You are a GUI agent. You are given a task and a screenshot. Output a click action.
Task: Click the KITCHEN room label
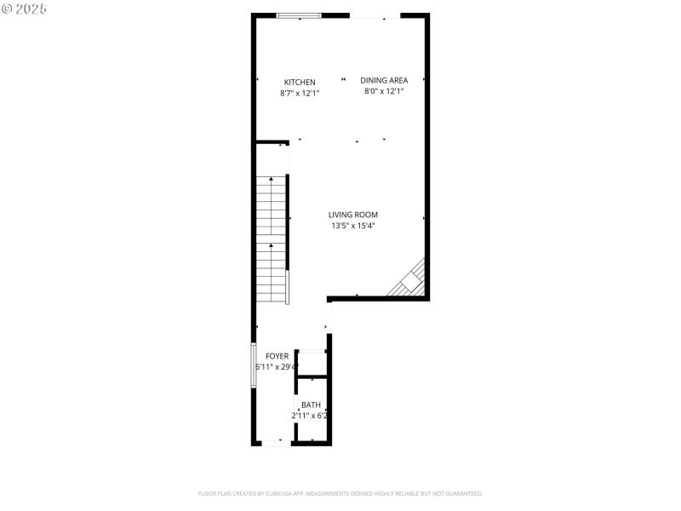299,83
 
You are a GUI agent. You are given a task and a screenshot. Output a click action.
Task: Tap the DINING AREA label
384,80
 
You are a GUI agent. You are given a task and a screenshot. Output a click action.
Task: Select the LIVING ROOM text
353,215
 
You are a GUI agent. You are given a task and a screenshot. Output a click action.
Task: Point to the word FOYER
277,356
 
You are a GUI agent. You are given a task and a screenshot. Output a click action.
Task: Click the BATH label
311,405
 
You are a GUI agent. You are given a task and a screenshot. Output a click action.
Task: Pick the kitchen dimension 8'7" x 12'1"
299,94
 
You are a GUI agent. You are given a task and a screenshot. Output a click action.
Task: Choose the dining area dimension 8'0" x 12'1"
384,91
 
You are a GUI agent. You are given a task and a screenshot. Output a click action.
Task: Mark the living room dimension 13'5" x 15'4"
353,226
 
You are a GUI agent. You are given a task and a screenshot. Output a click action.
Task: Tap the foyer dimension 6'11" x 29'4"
277,367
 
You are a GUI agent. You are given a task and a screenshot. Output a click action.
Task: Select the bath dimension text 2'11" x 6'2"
311,416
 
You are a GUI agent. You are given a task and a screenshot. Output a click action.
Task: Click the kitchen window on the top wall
300,15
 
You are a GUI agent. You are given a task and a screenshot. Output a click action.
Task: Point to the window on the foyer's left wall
253,365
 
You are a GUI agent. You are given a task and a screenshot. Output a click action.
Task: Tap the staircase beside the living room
272,238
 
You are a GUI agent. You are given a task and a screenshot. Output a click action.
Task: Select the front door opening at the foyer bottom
274,443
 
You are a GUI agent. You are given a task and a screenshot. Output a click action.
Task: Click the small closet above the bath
312,364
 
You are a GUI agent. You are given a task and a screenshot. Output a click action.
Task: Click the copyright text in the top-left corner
25,9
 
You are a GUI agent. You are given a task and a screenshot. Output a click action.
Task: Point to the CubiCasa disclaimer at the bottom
340,493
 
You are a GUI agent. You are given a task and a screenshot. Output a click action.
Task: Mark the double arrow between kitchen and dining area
344,80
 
